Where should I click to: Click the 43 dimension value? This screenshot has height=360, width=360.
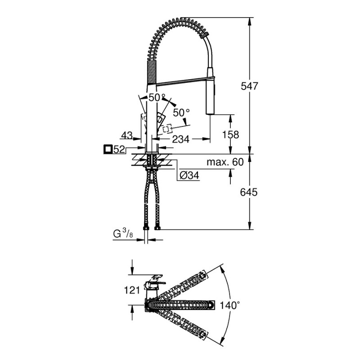127,135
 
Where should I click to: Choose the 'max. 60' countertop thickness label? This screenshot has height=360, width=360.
225,162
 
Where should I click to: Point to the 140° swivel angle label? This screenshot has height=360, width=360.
230,305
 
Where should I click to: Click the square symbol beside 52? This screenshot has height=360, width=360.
108,149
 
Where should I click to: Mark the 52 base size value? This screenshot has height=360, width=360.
119,149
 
